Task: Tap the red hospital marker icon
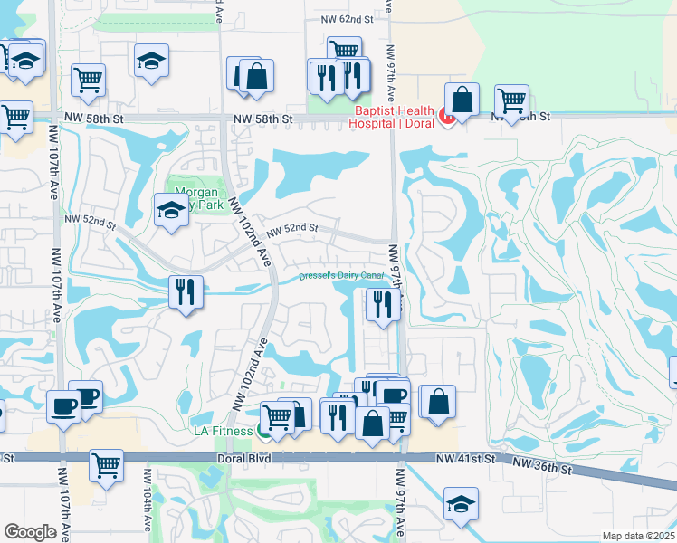click(x=445, y=116)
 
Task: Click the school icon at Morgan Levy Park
click(x=170, y=212)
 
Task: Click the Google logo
click(x=30, y=532)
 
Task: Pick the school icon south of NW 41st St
click(x=462, y=503)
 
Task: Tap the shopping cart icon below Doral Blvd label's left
click(x=106, y=465)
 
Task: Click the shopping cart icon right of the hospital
click(x=512, y=100)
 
